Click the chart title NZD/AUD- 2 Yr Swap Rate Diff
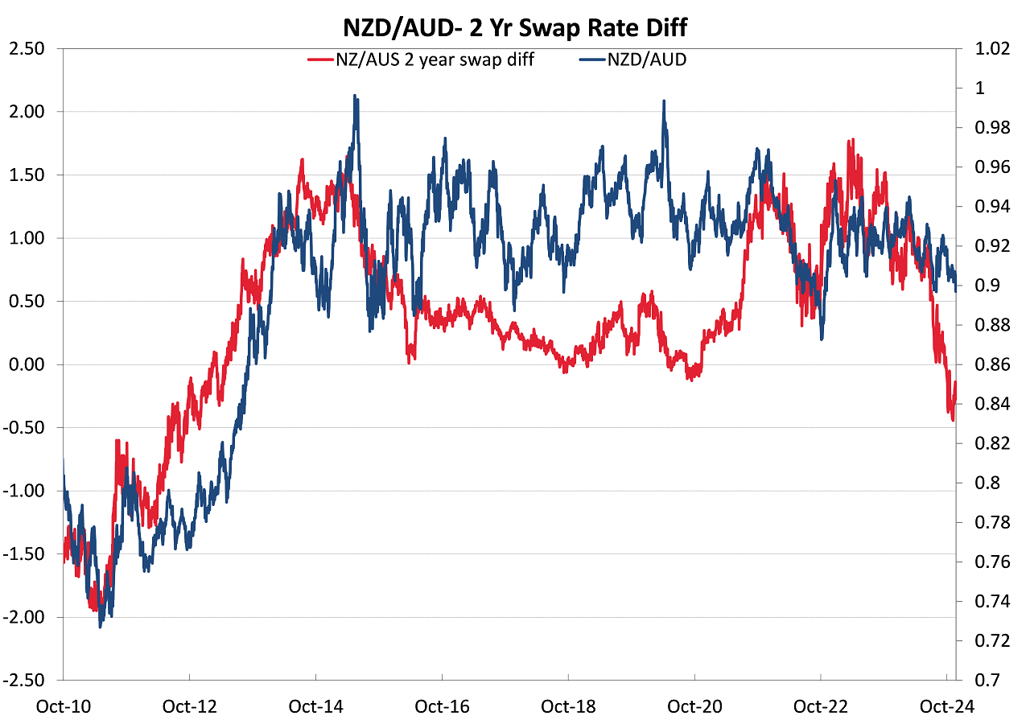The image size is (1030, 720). (515, 27)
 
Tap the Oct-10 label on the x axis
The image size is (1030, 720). (63, 706)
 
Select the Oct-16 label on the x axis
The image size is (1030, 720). (442, 706)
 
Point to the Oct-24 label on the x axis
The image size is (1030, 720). (947, 706)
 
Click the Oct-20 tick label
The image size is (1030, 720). (694, 706)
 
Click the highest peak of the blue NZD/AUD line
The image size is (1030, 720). (355, 96)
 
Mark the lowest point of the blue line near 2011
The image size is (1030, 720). (101, 626)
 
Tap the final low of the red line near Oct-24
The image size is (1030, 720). (953, 420)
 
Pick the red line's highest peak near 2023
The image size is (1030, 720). (850, 141)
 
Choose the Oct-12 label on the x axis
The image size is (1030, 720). (189, 706)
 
